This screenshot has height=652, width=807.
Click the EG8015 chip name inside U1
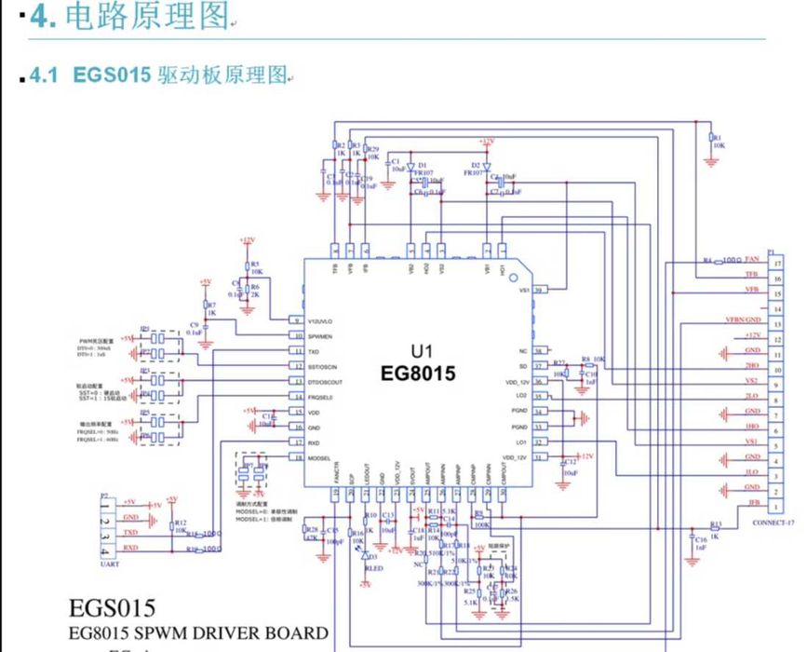click(x=418, y=374)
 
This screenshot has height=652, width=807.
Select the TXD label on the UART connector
click(x=130, y=532)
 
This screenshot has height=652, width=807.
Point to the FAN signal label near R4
click(x=752, y=258)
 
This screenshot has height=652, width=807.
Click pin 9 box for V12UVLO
click(x=296, y=320)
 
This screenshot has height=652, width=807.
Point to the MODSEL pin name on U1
click(x=319, y=458)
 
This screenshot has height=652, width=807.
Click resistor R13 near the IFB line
click(x=715, y=525)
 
